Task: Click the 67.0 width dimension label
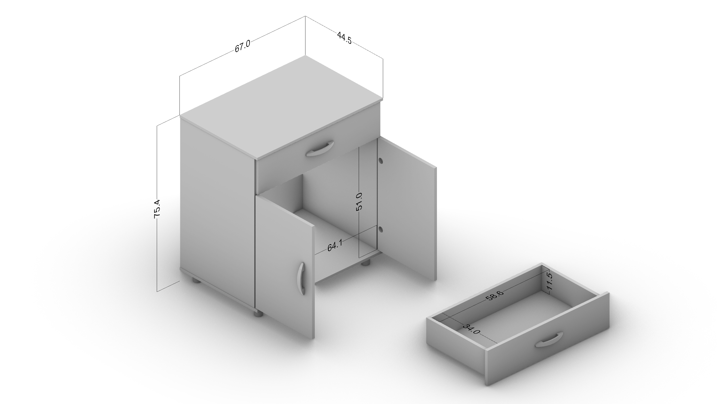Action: (242, 46)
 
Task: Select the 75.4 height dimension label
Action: (157, 208)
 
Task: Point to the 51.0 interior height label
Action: (359, 201)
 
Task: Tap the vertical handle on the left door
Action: (301, 278)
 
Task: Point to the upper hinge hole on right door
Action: (380, 161)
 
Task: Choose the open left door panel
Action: (285, 267)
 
